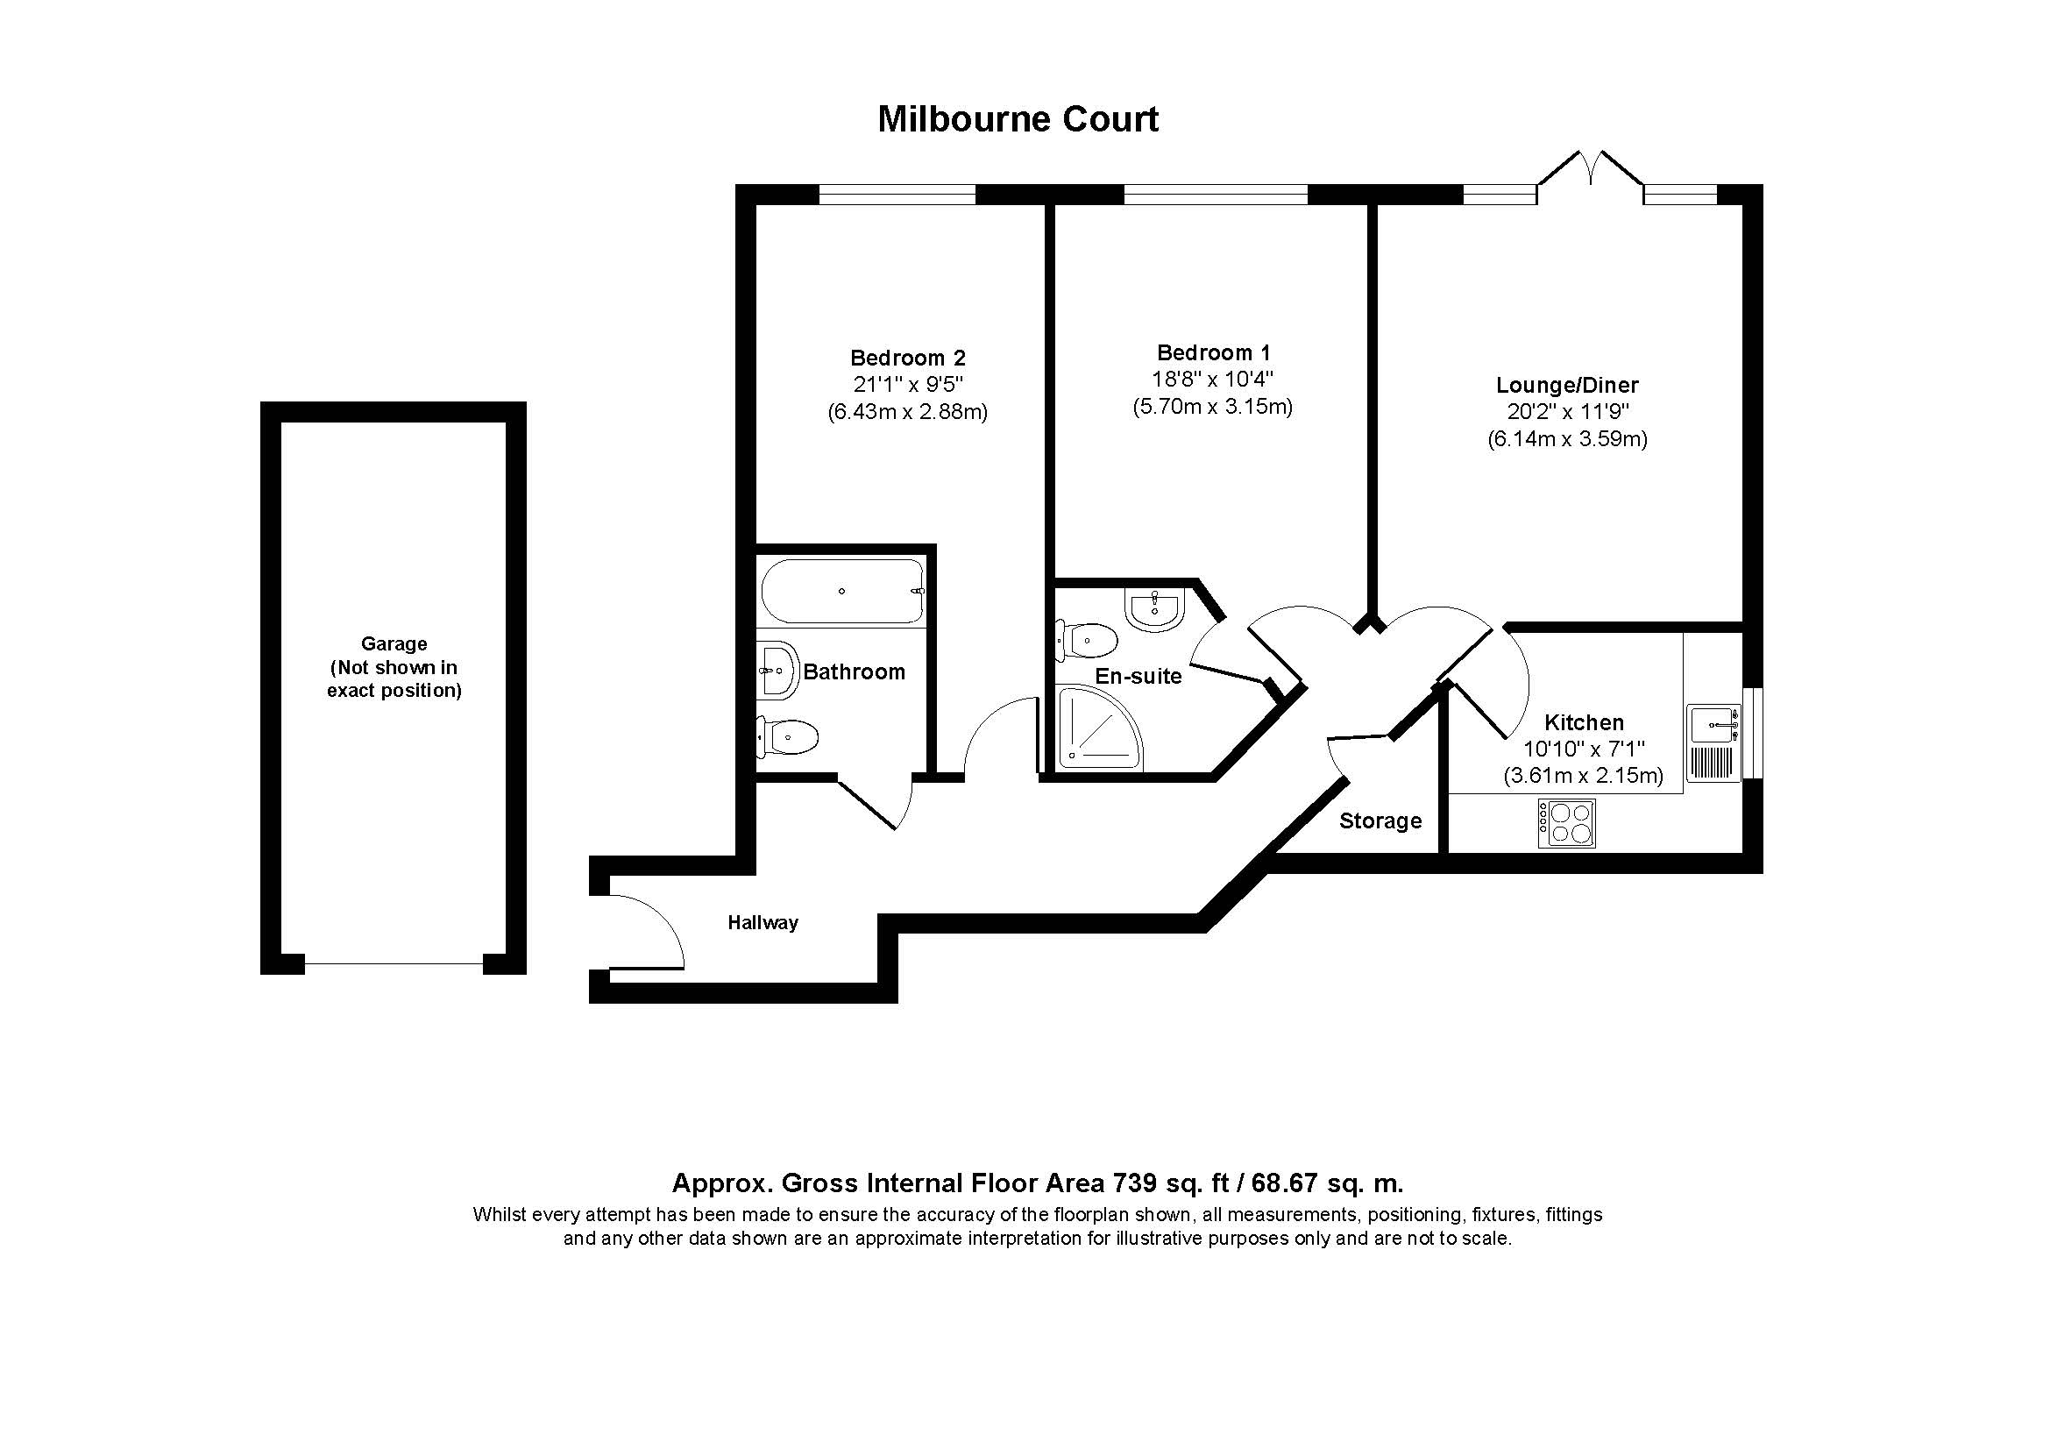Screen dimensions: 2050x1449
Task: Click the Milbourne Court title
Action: point(1018,119)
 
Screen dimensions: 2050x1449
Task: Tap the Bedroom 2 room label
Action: point(907,358)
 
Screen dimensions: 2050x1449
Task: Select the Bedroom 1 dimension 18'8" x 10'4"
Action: point(1212,380)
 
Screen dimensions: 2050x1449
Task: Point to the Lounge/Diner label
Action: point(1567,386)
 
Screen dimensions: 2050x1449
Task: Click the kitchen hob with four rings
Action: point(1566,823)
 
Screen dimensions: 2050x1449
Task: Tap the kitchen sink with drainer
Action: point(1713,743)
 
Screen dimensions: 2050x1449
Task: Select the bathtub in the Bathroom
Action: point(842,591)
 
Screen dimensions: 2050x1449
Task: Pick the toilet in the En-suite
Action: point(1086,640)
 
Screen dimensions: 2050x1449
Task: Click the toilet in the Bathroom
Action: point(788,736)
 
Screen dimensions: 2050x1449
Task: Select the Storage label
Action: point(1380,820)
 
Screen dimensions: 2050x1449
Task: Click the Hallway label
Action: point(763,922)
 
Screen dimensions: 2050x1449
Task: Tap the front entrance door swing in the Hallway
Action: point(647,930)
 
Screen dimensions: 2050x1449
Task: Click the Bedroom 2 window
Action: point(897,194)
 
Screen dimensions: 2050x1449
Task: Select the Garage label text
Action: point(394,667)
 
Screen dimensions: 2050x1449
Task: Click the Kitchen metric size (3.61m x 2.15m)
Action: point(1583,775)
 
